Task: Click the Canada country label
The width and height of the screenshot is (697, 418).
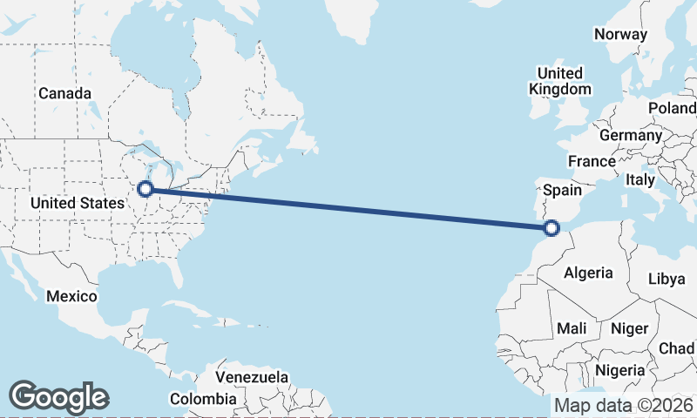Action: (64, 93)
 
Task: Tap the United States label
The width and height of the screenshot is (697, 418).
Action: (77, 203)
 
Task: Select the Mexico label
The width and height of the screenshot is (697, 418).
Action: (71, 296)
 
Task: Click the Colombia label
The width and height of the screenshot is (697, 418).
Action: (202, 399)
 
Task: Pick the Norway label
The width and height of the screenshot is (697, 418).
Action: (620, 35)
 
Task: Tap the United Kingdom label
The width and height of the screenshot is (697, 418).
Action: (560, 81)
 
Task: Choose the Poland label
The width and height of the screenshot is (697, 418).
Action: (672, 108)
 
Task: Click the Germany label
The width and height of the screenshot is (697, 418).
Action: (631, 136)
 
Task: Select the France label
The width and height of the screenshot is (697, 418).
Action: (592, 161)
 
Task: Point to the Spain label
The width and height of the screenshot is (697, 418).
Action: (562, 189)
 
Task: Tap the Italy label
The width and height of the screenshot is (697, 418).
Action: (640, 179)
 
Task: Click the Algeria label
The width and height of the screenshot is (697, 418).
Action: (588, 273)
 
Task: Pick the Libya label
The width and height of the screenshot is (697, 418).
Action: (667, 279)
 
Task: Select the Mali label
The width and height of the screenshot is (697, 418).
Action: (572, 328)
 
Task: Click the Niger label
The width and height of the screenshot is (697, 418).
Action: (630, 328)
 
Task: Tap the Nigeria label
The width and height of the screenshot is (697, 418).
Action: (621, 370)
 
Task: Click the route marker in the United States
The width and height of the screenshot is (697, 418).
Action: (146, 187)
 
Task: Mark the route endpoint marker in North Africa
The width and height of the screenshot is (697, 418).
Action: (551, 228)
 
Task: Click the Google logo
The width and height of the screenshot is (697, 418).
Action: (58, 397)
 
